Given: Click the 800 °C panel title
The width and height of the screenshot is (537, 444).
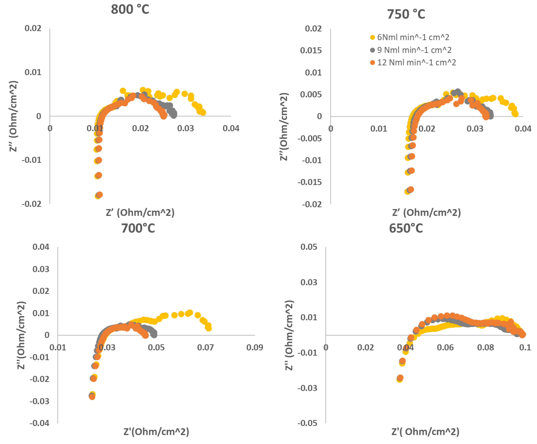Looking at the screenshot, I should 130,10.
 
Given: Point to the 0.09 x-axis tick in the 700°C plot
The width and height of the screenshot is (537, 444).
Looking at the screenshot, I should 255,347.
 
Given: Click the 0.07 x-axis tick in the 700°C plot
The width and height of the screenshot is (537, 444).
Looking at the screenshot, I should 205,347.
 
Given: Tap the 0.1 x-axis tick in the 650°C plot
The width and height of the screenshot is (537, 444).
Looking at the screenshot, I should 525,347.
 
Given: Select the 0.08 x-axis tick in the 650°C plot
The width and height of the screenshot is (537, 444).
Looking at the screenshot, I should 485,347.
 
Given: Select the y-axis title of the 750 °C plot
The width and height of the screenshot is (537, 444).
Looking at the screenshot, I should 284,127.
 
